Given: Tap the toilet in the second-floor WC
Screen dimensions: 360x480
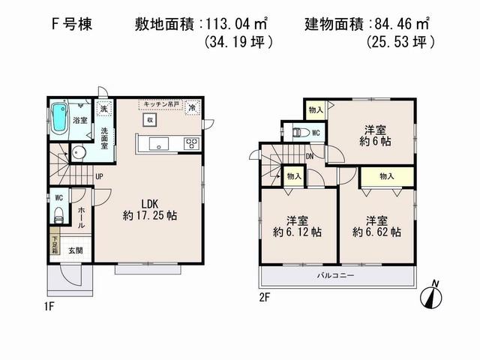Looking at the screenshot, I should pos(300,132).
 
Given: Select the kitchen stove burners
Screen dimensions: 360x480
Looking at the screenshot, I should pos(191,143).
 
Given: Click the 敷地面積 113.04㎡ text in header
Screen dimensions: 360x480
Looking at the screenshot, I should pos(199,22).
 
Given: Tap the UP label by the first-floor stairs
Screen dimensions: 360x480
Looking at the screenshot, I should pos(99,178).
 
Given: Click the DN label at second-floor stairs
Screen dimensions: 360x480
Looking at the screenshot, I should pos(310,156).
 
